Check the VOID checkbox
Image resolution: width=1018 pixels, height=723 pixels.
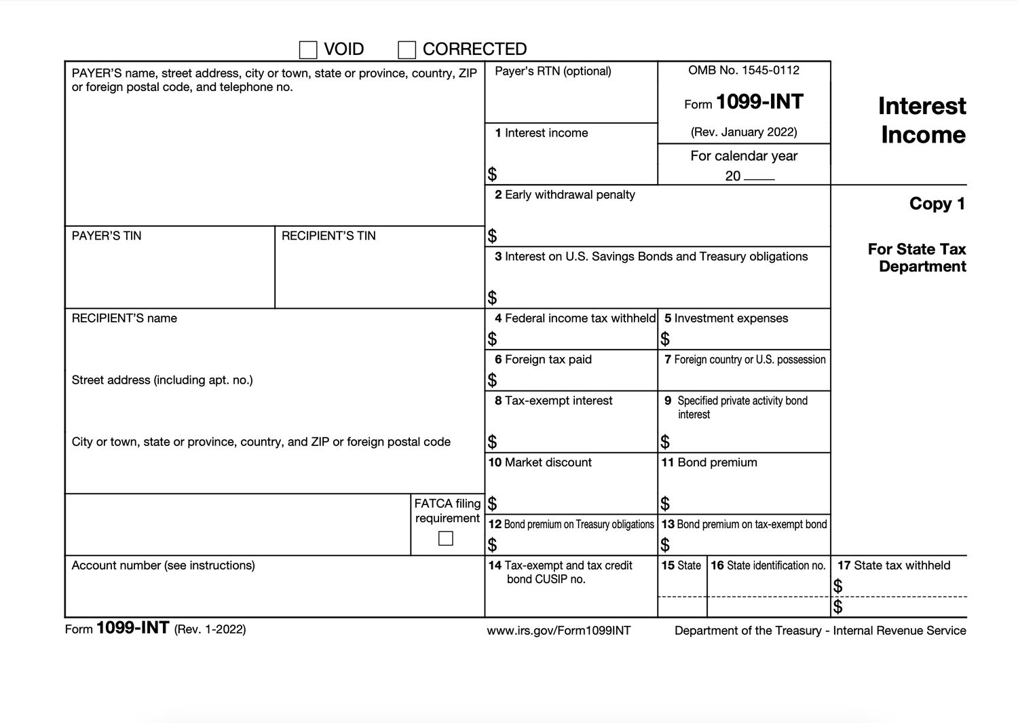pos(308,50)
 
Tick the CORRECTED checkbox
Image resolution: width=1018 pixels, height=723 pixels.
pos(407,50)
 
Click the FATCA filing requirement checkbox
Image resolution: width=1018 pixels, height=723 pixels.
pos(446,538)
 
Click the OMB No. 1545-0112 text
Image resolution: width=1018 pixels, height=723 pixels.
pos(743,71)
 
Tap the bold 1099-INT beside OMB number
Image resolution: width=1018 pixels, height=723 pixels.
pos(759,102)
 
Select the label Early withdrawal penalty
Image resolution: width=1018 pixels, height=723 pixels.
pos(569,195)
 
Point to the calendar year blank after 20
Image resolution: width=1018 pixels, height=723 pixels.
pos(759,177)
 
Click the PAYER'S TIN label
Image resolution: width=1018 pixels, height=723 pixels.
pos(107,236)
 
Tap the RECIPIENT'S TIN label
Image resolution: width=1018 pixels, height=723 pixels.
pos(328,236)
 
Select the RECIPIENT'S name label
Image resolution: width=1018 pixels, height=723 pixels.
pos(124,318)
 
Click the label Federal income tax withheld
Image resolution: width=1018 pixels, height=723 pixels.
pos(580,318)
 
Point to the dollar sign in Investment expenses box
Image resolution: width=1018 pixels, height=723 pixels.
pos(665,339)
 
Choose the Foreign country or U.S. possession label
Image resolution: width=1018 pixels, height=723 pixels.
pos(749,360)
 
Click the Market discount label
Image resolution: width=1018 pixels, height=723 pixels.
pos(548,462)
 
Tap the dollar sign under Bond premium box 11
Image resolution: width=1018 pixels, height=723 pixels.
pos(665,504)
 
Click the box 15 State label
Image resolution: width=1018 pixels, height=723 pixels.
pos(688,566)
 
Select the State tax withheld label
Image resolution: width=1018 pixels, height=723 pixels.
pos(901,566)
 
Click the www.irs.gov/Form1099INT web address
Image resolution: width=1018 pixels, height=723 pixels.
pos(559,631)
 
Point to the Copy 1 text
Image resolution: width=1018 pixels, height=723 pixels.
pos(937,204)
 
